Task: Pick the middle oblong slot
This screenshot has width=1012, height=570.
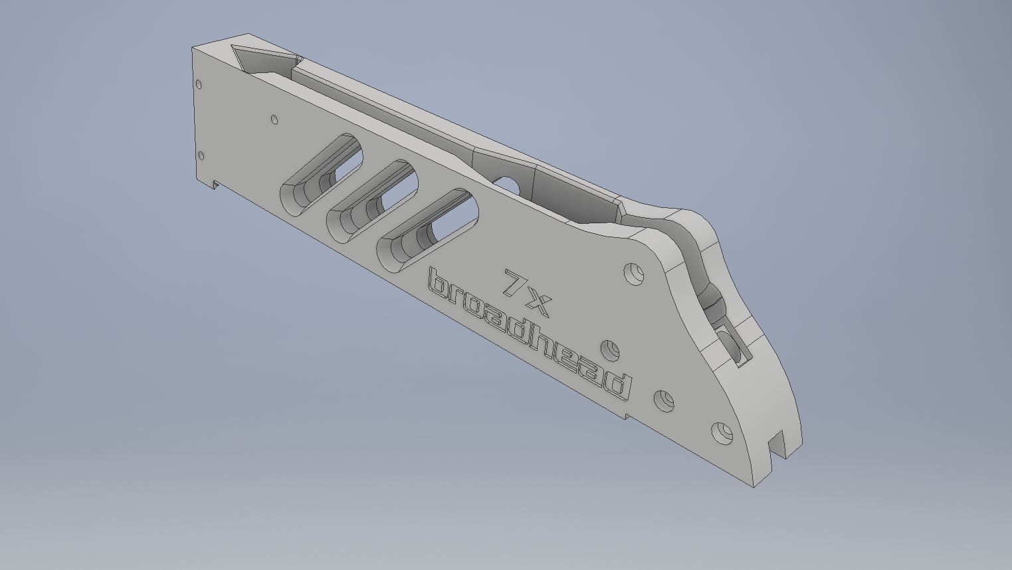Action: point(371,200)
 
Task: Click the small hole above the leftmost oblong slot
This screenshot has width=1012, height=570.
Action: point(274,120)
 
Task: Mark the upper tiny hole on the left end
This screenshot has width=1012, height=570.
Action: point(198,84)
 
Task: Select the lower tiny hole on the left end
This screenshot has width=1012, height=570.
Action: point(201,156)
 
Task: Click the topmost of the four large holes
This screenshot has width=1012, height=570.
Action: point(634,273)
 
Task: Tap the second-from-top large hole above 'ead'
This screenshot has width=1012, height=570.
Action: point(610,349)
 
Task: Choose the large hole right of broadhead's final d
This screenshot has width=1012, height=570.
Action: point(664,401)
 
